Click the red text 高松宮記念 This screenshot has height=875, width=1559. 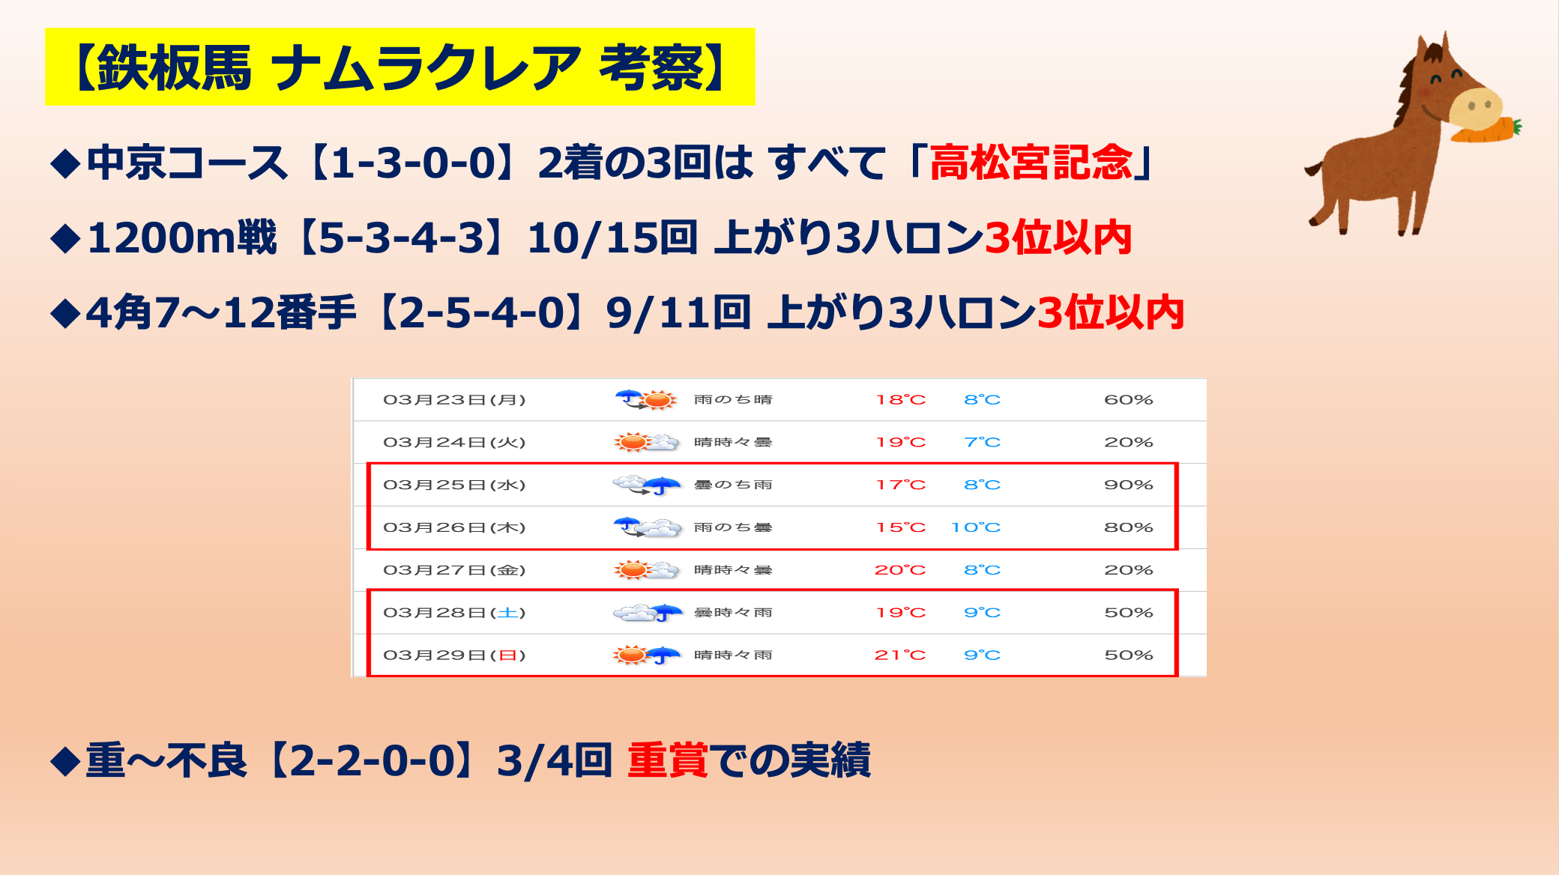(1031, 163)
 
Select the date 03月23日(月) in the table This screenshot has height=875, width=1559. (454, 400)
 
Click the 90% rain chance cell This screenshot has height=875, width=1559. (1128, 485)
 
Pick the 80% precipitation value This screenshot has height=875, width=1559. (1128, 527)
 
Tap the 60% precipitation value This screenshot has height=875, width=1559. (1128, 400)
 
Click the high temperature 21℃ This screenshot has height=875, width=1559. (900, 656)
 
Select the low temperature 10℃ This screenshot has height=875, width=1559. (976, 527)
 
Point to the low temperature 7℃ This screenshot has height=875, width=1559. (982, 443)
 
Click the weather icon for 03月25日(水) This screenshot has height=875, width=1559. (646, 485)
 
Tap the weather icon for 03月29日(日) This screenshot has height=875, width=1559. (646, 656)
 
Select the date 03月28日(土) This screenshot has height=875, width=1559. (454, 613)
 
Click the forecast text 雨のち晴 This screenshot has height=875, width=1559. (732, 400)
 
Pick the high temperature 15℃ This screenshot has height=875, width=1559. (900, 527)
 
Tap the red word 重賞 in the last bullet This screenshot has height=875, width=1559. (667, 760)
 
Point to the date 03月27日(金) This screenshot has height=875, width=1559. (454, 570)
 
